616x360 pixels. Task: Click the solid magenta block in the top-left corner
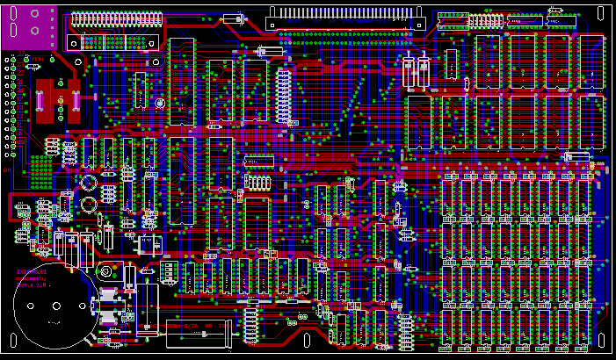[x=29, y=26]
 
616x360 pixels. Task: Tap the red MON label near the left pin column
[x=40, y=58]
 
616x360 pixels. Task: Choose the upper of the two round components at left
[x=89, y=184]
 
